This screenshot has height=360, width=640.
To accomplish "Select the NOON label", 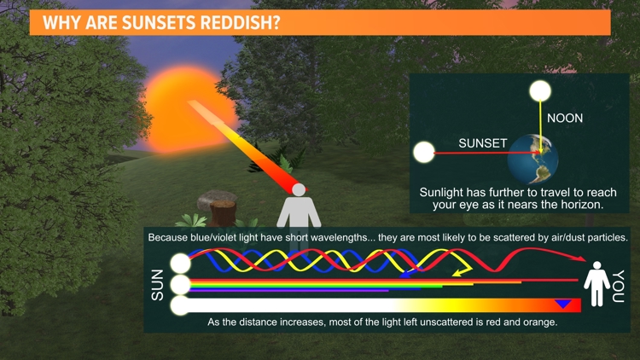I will pyautogui.click(x=565, y=118).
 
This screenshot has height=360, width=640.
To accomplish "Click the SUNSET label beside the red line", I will pyautogui.click(x=483, y=142).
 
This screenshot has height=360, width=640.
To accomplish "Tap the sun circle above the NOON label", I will pyautogui.click(x=540, y=91).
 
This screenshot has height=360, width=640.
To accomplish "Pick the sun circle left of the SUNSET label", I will pyautogui.click(x=424, y=154).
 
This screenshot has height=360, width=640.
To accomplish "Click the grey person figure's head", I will pyautogui.click(x=299, y=189).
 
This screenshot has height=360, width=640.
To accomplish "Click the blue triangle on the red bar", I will pyautogui.click(x=563, y=304).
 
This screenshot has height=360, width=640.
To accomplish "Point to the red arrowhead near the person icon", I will pyautogui.click(x=584, y=259).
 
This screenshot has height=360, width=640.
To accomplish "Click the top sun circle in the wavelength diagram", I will pyautogui.click(x=180, y=264).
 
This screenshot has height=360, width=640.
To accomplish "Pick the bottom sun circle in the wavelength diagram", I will pyautogui.click(x=180, y=305).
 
